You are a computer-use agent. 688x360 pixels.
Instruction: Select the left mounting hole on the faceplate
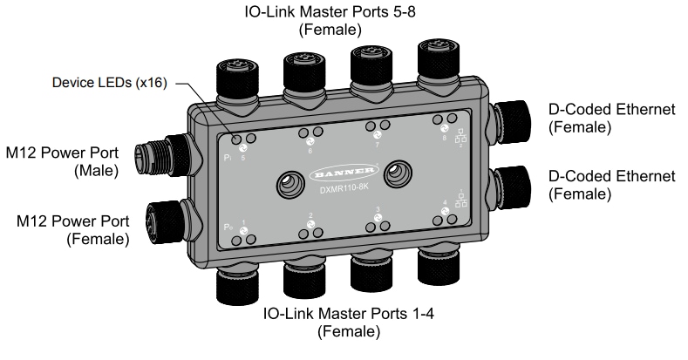coord(288,181)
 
